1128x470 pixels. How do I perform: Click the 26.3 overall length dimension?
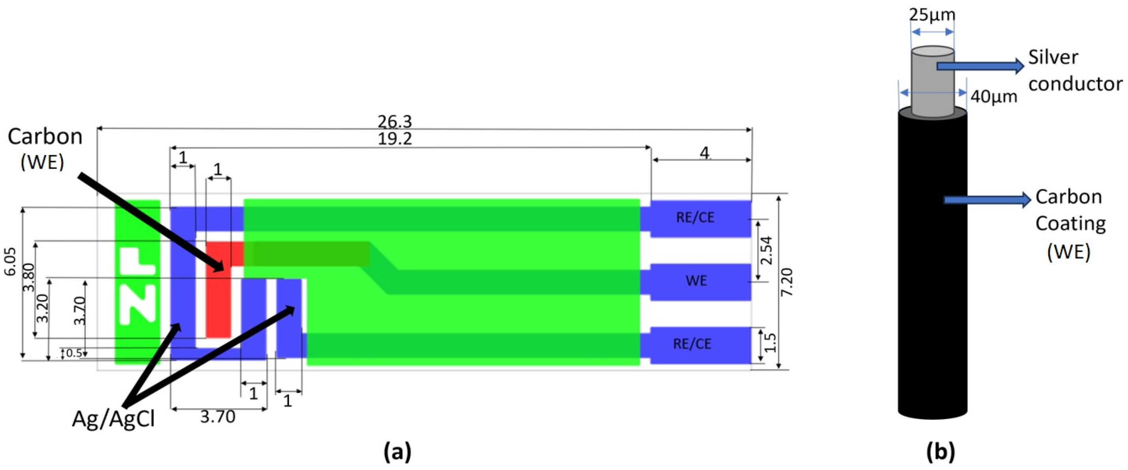click(395, 121)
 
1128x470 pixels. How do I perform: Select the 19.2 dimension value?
click(395, 139)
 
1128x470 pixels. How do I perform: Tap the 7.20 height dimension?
click(786, 282)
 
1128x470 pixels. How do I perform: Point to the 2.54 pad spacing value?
click(767, 250)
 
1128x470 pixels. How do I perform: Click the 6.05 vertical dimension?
click(9, 261)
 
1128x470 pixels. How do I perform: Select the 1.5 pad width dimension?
click(770, 343)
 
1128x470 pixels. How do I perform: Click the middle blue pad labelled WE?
click(696, 281)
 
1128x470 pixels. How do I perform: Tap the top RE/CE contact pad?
click(695, 218)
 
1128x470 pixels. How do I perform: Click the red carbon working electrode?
click(218, 302)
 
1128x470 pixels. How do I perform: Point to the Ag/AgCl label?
click(113, 419)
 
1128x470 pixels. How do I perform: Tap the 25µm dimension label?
click(932, 15)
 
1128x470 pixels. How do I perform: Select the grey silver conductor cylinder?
click(932, 88)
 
